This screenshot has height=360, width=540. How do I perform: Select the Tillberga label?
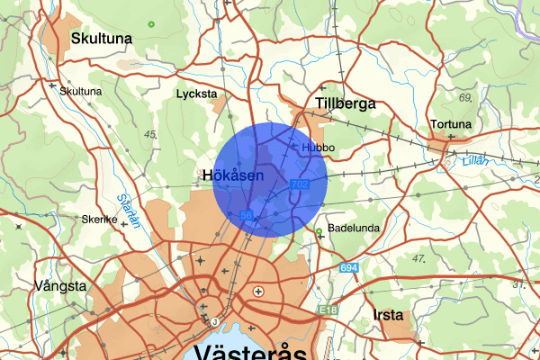coord(345,104)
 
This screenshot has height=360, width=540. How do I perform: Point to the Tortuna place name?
coord(451,124)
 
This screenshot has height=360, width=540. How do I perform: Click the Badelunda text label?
coord(351,229)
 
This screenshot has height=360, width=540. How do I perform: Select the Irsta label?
coord(386,314)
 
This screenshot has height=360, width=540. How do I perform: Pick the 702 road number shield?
coord(301,184)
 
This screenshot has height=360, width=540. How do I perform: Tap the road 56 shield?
coord(246,216)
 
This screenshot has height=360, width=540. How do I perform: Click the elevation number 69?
coord(465,97)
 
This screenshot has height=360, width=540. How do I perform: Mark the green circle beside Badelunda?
coord(319,231)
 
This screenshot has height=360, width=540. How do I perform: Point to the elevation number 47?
coord(418,258)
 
